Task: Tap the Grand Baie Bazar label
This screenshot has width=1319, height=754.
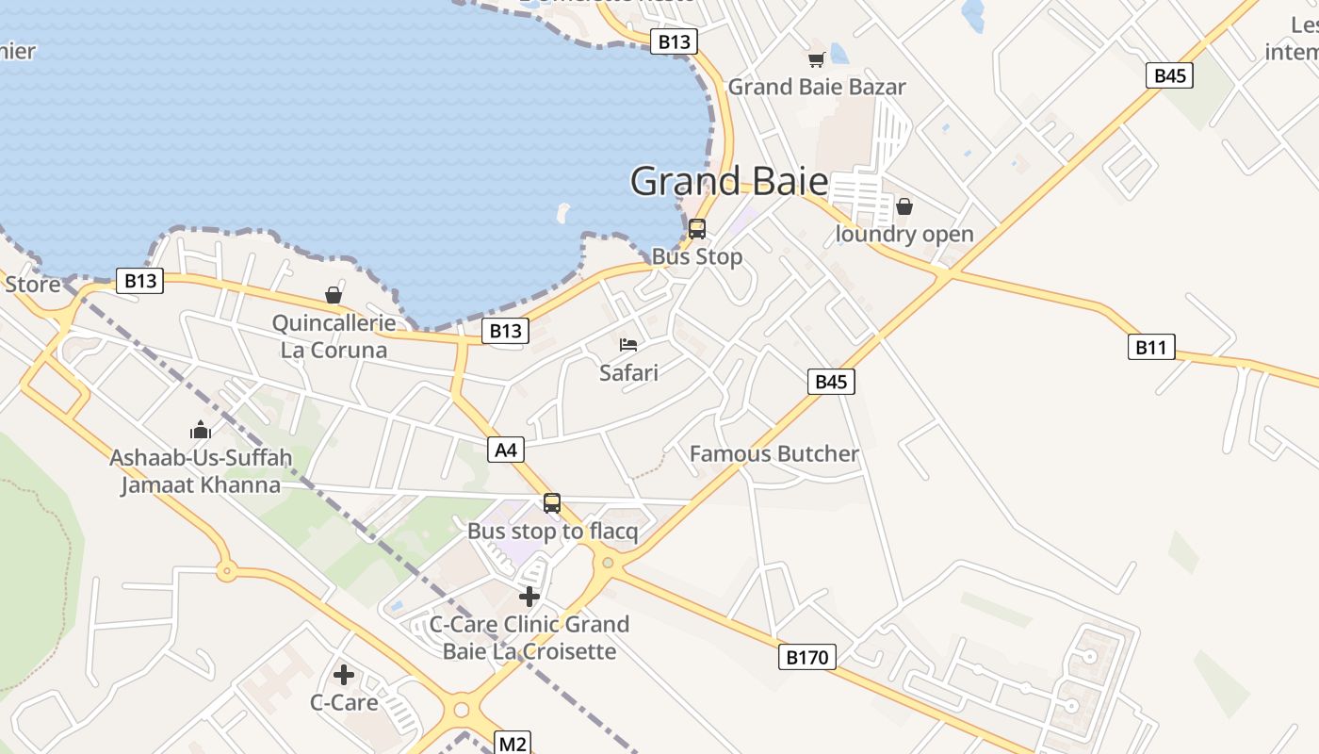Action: (x=816, y=87)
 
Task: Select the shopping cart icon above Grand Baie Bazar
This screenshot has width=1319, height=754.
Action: (x=816, y=59)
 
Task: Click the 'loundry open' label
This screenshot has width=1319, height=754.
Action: (x=904, y=234)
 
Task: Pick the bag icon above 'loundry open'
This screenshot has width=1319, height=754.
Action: (x=904, y=206)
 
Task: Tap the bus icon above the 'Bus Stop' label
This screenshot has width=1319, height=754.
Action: (x=697, y=228)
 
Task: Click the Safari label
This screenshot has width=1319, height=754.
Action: (x=628, y=372)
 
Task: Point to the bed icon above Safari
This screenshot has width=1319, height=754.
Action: (x=628, y=345)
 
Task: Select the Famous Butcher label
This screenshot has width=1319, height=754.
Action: (x=774, y=453)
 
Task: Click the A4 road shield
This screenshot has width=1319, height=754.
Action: (x=506, y=450)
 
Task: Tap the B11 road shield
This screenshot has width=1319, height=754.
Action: (x=1150, y=347)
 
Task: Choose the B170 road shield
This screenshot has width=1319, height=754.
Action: (x=807, y=656)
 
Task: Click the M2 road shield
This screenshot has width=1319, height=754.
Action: (x=513, y=744)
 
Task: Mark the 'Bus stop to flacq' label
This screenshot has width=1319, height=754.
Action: (x=552, y=531)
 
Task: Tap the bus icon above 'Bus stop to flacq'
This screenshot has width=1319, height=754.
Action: (x=552, y=503)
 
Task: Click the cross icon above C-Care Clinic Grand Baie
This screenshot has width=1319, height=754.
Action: (x=529, y=596)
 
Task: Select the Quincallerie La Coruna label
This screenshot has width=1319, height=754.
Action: (x=334, y=336)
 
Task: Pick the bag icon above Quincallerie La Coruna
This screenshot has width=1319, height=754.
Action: (x=334, y=295)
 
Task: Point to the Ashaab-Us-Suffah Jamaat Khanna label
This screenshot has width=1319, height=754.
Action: (x=201, y=471)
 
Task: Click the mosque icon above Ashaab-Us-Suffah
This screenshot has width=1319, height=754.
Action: (x=201, y=431)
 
